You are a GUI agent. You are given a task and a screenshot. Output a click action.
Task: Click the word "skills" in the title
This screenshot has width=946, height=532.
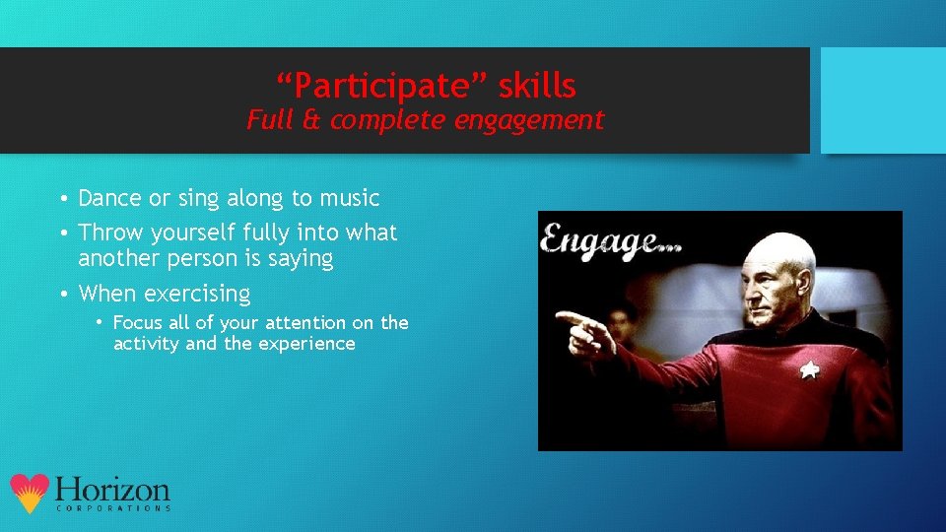(x=536, y=87)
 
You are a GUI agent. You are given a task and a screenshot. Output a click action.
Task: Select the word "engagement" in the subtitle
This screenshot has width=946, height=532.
(x=536, y=120)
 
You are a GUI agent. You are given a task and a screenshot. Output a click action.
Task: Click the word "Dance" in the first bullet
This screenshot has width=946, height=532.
(x=109, y=198)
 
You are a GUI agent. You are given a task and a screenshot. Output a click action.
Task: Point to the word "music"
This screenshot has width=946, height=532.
(x=349, y=198)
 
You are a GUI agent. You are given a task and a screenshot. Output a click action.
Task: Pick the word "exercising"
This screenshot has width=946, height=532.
(x=197, y=294)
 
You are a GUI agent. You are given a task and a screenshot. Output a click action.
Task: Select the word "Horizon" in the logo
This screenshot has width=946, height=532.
(x=112, y=490)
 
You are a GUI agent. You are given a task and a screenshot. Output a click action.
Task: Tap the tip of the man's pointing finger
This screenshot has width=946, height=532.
(x=559, y=317)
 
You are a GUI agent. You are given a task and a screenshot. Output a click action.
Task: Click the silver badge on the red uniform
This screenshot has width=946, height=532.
(x=809, y=370)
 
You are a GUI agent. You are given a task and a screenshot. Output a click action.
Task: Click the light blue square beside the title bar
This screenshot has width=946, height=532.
(x=883, y=100)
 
